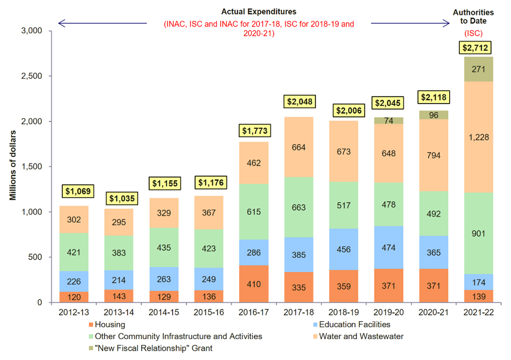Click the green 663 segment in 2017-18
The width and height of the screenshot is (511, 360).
[x=299, y=207]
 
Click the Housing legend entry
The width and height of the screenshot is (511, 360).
[x=110, y=324]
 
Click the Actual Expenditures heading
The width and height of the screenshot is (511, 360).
[x=259, y=11]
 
